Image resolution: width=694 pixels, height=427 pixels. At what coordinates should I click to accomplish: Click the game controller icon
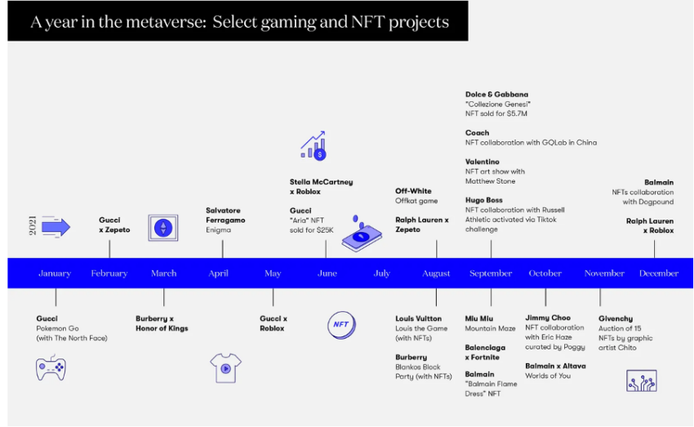point(51,367)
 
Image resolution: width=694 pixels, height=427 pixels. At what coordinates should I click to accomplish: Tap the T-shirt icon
point(225,367)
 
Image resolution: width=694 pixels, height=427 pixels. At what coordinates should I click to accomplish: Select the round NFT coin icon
point(341,325)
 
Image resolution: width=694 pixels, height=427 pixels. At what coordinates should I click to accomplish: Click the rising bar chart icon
point(314,145)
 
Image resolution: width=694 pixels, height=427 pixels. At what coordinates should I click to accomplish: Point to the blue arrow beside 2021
point(56,227)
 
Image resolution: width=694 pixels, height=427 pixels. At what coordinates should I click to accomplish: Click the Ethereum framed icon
point(163,228)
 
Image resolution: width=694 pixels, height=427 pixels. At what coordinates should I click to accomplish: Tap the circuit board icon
point(641,381)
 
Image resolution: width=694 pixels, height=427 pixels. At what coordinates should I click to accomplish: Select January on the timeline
point(55,274)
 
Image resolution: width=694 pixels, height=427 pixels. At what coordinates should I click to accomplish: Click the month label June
point(327,274)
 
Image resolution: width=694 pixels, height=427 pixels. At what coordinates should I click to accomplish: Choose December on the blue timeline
point(659,274)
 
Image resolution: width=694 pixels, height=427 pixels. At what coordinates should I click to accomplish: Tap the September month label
point(491,274)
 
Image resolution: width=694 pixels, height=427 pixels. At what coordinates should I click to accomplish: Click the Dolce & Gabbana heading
point(496,94)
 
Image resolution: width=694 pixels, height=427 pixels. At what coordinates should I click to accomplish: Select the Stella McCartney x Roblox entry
point(322,187)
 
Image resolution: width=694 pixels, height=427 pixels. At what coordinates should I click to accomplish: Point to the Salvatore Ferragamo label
point(225,215)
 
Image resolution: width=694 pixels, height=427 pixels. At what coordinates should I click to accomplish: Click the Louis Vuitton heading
point(418,318)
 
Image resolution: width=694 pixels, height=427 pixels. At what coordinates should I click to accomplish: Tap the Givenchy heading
point(616,318)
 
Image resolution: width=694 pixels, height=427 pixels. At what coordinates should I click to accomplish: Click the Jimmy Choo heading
point(548,318)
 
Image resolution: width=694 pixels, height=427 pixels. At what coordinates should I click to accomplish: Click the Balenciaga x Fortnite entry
point(485,352)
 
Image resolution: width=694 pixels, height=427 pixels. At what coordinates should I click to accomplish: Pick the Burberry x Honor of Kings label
point(162,323)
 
